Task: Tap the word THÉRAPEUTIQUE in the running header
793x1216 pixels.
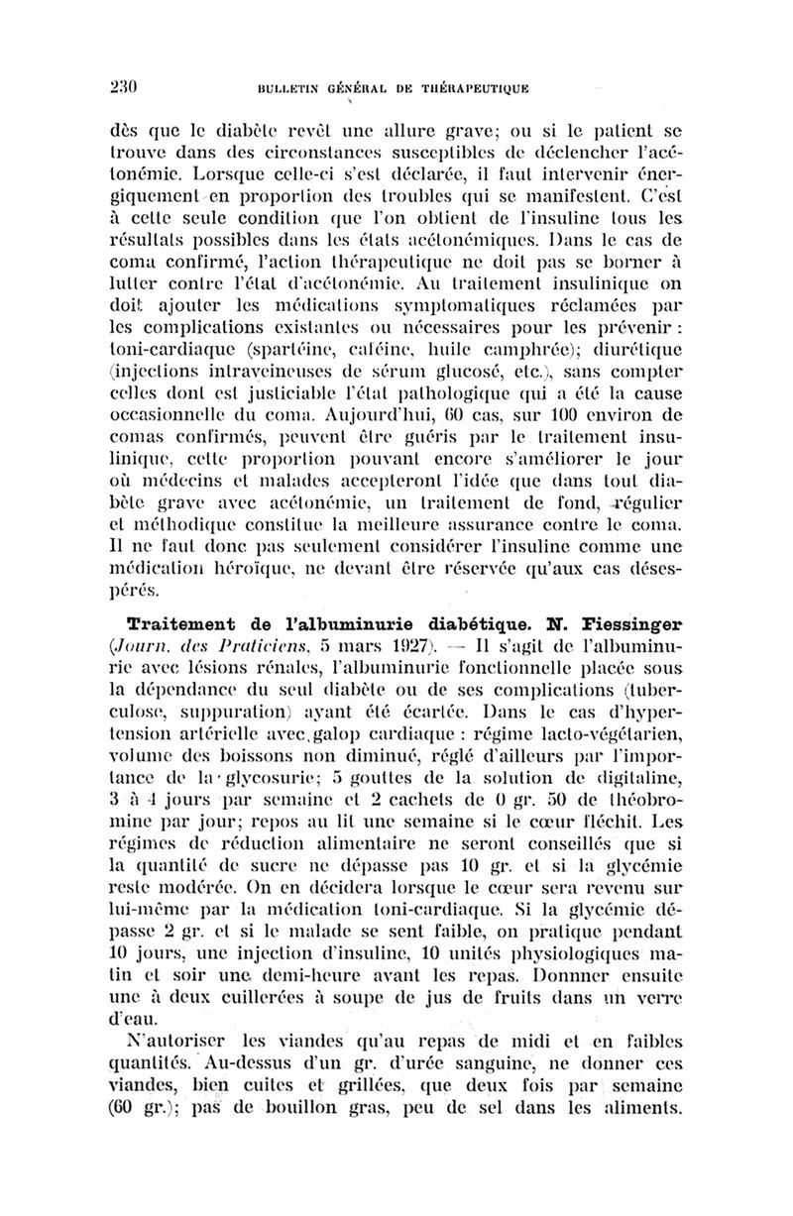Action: [465, 86]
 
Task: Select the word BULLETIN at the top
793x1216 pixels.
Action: [288, 86]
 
